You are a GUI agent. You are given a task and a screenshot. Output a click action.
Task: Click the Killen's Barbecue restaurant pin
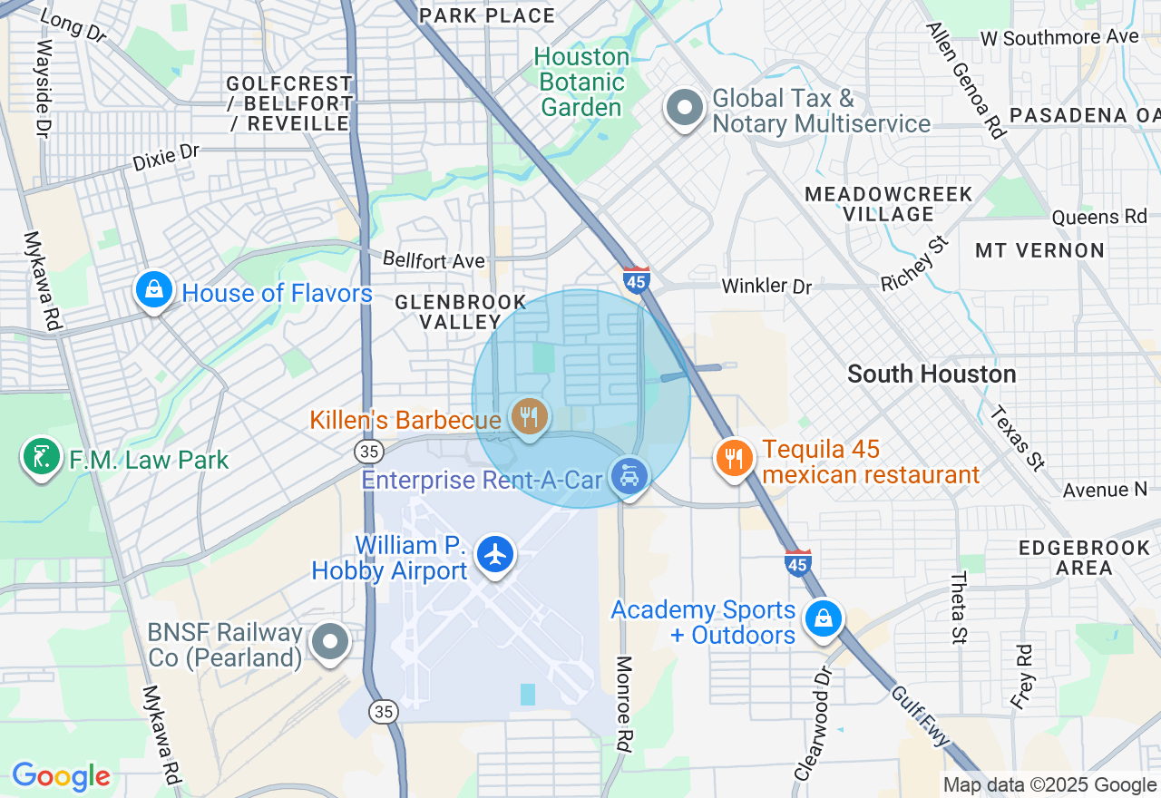(528, 417)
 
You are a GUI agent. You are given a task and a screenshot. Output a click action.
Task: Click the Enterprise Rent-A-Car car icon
(629, 475)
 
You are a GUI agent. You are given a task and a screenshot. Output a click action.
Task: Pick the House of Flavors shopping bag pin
(153, 291)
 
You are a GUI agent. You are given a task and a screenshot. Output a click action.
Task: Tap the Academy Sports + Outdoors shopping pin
(822, 618)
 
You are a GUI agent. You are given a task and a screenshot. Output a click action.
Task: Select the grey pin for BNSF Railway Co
(330, 642)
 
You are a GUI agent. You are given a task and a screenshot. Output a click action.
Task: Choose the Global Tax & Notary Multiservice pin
(685, 109)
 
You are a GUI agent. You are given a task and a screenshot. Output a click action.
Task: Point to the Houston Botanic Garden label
(581, 83)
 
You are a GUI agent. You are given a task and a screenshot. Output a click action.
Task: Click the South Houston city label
(932, 374)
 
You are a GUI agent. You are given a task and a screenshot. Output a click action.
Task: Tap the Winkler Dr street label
(766, 286)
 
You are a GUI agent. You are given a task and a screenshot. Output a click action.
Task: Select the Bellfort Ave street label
(434, 261)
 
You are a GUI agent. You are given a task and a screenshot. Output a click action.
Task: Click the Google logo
(61, 777)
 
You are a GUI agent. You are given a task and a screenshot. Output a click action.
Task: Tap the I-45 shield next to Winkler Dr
(637, 279)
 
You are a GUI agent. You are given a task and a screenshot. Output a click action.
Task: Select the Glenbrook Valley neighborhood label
(460, 311)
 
